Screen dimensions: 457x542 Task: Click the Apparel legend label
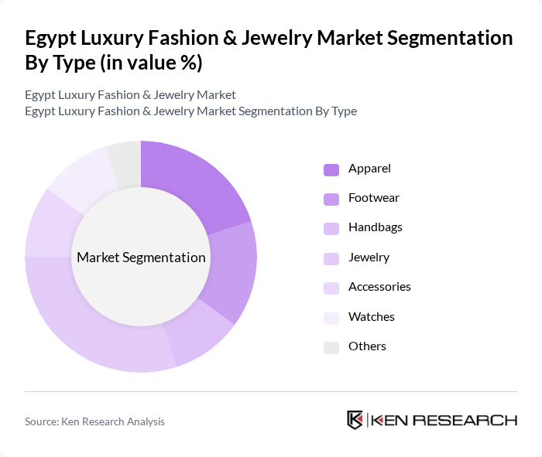coord(369,168)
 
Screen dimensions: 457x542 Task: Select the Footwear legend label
coord(373,197)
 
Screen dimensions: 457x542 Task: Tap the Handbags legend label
coord(375,227)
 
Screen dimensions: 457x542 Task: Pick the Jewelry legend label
coord(369,257)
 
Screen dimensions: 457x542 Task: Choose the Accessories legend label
coord(379,286)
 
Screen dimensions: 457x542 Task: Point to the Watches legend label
coord(371,316)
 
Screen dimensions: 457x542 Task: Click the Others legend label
coord(367,346)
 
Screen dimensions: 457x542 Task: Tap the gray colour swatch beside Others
coord(331,346)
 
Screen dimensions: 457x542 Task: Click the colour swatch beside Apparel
coord(331,169)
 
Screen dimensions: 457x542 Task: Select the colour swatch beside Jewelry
coord(331,257)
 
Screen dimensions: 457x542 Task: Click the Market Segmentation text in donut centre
coord(141,257)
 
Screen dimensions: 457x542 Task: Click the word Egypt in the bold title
coord(51,38)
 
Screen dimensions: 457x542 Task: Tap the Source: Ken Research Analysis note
coord(94,421)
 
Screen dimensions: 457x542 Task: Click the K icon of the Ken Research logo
coord(355,420)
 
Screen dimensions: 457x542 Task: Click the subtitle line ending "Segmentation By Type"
coord(190,111)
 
